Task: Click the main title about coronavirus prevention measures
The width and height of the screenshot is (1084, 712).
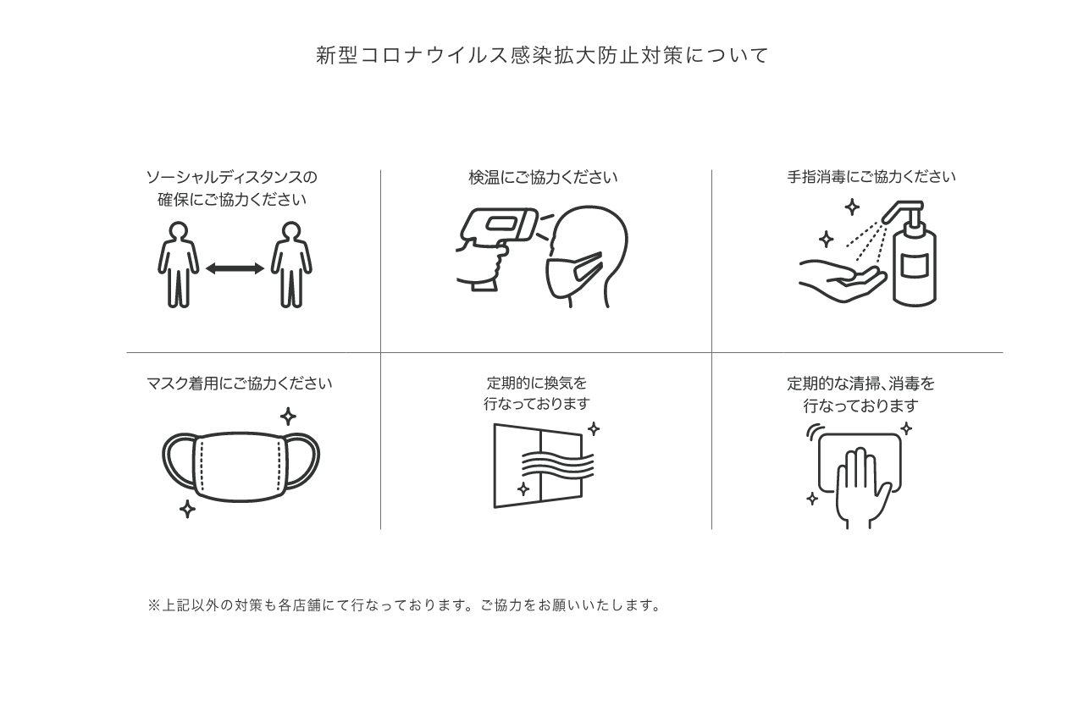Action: (x=542, y=55)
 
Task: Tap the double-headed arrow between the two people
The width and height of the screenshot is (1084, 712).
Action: (x=235, y=268)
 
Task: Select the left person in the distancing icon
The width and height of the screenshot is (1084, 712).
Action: (x=178, y=265)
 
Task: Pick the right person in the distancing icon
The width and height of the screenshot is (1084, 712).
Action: (x=291, y=265)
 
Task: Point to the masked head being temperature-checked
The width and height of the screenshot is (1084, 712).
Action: (x=587, y=257)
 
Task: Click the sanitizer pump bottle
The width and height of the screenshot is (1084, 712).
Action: (x=910, y=254)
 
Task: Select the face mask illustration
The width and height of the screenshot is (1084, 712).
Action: (x=241, y=466)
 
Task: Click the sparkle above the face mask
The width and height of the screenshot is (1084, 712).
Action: (x=288, y=416)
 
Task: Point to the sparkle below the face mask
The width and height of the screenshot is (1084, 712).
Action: (x=187, y=509)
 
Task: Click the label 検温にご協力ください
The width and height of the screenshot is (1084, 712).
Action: (x=543, y=178)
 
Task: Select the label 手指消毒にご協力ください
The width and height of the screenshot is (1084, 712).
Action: (x=871, y=177)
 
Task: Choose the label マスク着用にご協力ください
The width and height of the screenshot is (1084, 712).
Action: (x=239, y=384)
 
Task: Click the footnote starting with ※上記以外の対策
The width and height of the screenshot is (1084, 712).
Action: (x=405, y=605)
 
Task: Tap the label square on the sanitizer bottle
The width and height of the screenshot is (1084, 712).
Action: (x=915, y=266)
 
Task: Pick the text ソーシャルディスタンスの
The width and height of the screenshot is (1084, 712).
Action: (x=232, y=178)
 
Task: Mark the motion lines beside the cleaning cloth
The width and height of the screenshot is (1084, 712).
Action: (x=815, y=431)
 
